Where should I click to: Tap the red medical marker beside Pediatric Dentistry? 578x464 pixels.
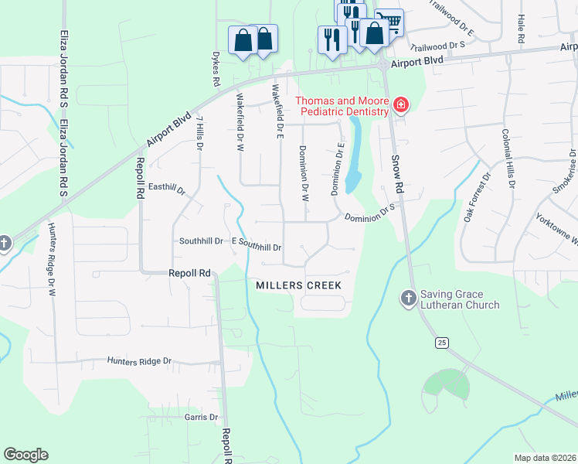pos(400,105)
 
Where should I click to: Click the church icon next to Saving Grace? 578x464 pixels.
pos(409,298)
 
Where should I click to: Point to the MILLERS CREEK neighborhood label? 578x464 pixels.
pos(298,285)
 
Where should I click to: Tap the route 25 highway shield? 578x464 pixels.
pos(441,342)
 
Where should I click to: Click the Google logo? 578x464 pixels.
pos(25,455)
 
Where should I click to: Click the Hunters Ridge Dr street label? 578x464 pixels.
pos(139,361)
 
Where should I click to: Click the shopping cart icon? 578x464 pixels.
pos(390,22)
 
